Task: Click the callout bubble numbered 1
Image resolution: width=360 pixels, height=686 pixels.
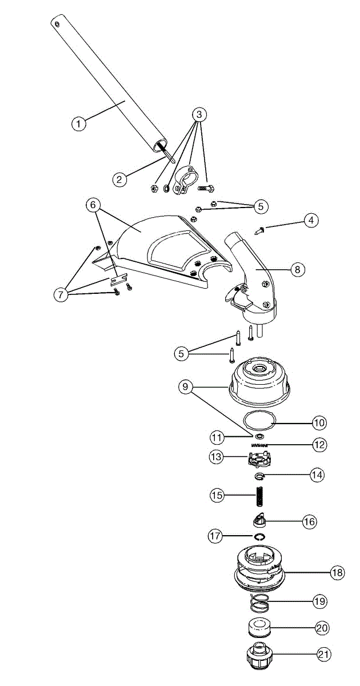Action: (79, 122)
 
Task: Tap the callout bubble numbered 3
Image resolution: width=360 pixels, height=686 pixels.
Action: (199, 114)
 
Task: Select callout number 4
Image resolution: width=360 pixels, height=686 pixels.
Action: (311, 221)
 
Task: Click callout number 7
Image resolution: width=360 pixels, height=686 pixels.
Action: (61, 295)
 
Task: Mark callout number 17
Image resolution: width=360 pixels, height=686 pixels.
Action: (216, 536)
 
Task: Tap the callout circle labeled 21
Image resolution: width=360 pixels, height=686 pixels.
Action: (324, 654)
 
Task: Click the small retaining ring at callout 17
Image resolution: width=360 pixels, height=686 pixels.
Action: (260, 536)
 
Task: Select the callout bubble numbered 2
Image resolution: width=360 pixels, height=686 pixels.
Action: (119, 180)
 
